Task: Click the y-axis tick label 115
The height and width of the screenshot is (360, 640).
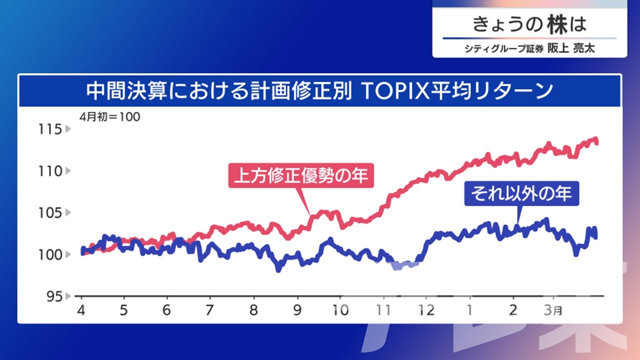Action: pos(50,129)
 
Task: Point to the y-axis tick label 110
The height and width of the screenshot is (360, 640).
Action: pos(50,171)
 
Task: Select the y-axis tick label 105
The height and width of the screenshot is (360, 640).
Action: pos(50,213)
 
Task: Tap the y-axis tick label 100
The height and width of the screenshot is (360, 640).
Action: pos(50,255)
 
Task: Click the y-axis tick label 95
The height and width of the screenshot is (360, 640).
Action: pos(54,297)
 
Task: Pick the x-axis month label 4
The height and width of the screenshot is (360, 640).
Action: pos(81,310)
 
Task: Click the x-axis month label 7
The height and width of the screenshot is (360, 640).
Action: pos(209,310)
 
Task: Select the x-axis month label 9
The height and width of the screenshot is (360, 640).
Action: pos(297,310)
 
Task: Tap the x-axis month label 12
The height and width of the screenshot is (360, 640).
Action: pos(426,310)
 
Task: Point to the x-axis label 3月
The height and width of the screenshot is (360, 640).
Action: pos(553,310)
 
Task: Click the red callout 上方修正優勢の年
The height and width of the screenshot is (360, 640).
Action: pos(301,175)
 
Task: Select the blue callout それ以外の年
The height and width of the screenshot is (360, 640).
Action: pos(521,193)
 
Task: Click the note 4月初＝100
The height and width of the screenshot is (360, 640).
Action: pos(110,117)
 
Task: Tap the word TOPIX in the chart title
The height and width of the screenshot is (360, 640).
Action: pos(395,91)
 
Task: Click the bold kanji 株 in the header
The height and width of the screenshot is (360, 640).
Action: pos(557,24)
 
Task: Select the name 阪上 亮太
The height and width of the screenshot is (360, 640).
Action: pos(571,48)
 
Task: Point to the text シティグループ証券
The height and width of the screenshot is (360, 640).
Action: pos(504,49)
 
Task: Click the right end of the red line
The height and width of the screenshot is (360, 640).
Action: pos(596,143)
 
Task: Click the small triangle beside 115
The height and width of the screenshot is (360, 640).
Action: pos(68,129)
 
